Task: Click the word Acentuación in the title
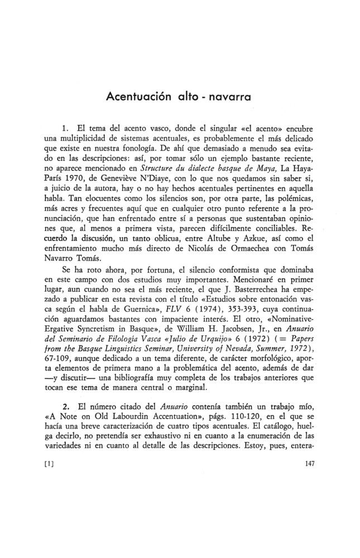pyautogui.click(x=135, y=95)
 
